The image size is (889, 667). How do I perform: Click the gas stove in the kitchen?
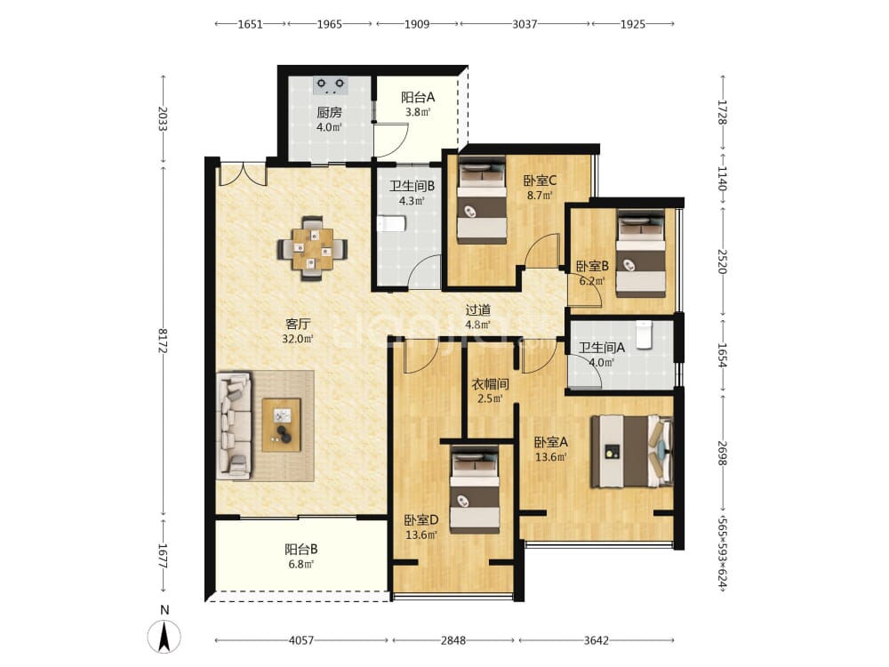point(331,85)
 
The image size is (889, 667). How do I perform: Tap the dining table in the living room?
point(312,248)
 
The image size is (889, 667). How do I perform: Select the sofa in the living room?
point(233,425)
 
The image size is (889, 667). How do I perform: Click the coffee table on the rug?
point(281,425)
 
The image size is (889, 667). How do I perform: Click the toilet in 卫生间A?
point(643,334)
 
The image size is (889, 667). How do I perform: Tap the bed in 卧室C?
point(482,200)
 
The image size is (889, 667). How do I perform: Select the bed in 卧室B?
point(641,253)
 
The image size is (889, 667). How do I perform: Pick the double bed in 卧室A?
point(631,452)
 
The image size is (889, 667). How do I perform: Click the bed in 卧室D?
point(475,489)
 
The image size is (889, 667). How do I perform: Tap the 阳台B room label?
point(301,549)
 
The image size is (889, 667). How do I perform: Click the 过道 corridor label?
point(478,309)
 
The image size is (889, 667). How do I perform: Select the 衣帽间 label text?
point(491,384)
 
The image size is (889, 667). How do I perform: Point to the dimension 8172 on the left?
point(163,341)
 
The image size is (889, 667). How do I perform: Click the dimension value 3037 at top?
point(525,24)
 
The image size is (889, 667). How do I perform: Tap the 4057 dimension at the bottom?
point(301,640)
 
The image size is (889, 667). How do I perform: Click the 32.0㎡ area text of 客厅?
point(298,339)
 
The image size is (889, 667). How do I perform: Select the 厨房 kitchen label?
point(330,112)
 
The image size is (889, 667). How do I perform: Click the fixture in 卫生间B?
point(391,223)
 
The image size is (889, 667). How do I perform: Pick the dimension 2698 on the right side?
point(722,454)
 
